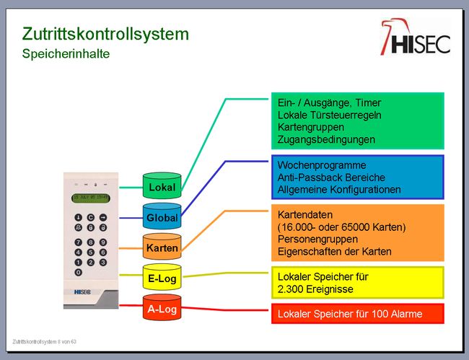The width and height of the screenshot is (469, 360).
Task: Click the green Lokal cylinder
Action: (162, 185)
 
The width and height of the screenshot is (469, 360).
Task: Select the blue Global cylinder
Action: (162, 216)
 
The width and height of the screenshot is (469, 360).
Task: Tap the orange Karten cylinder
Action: (162, 247)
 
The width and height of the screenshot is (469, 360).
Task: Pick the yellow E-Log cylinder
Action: (162, 277)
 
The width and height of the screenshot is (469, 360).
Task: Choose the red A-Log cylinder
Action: (162, 307)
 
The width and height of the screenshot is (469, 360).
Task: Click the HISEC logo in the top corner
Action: (416, 37)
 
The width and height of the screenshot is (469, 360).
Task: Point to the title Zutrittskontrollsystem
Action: (105, 34)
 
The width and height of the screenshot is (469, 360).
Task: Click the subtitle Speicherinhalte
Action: (66, 54)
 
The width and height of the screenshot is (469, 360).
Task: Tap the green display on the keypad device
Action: (91, 198)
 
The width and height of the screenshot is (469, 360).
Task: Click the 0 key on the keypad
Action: (79, 273)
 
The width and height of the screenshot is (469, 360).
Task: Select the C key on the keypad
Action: (91, 217)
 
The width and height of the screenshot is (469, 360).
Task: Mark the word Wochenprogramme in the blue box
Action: (322, 165)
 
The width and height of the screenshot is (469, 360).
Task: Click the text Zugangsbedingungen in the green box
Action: (326, 140)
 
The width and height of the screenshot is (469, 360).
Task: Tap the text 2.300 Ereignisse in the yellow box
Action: (315, 289)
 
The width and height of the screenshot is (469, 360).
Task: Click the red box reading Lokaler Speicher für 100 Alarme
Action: (358, 314)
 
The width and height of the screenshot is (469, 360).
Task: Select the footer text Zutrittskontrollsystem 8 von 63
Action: (44, 341)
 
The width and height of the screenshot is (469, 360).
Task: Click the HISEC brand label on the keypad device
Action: (82, 292)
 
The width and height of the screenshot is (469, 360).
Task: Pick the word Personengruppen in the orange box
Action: (317, 240)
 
